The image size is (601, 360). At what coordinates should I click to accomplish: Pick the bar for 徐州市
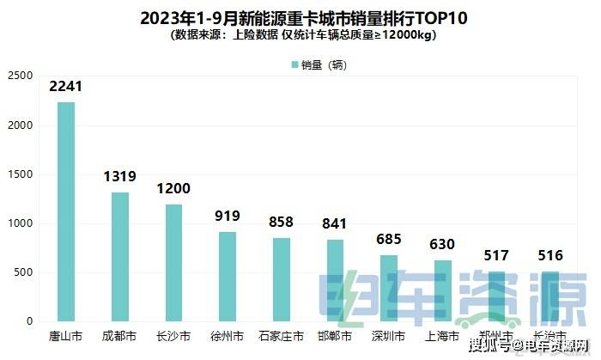pyautogui.click(x=228, y=276)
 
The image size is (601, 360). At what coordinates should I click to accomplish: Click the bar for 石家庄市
pyautogui.click(x=282, y=278)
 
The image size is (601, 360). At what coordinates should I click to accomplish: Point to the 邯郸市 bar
pyautogui.click(x=336, y=279)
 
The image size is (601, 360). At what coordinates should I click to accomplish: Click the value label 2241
pyautogui.click(x=66, y=87)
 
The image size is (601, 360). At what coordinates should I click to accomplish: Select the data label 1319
pyautogui.click(x=120, y=177)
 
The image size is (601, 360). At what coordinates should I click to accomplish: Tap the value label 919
pyautogui.click(x=228, y=217)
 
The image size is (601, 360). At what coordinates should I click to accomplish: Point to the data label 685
pyautogui.click(x=389, y=240)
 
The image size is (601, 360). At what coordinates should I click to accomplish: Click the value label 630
pyautogui.click(x=443, y=245)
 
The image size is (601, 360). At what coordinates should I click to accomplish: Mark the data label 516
pyautogui.click(x=550, y=256)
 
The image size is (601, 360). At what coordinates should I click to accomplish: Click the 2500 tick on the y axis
pyautogui.click(x=19, y=76)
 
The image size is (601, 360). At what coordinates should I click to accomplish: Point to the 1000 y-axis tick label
pyautogui.click(x=19, y=223)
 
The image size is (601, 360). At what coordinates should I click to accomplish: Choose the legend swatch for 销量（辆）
pyautogui.click(x=294, y=64)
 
